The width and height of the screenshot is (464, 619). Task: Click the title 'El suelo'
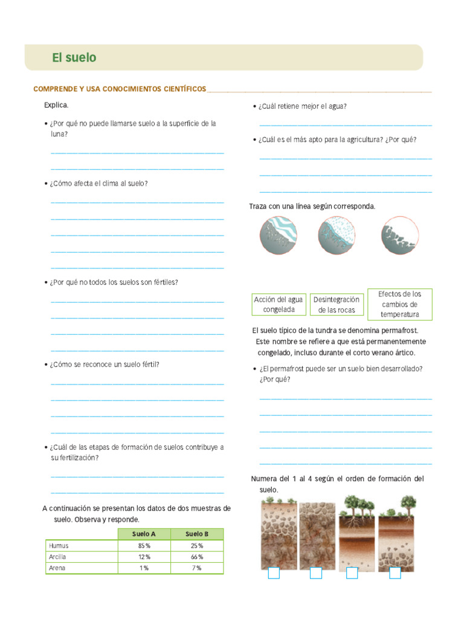[x=74, y=58]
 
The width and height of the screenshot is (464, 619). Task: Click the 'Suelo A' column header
[x=144, y=534]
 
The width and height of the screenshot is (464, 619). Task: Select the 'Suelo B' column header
[x=197, y=534]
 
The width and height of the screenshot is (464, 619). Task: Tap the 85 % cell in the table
[x=144, y=545]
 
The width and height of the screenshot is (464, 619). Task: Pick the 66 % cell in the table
[x=197, y=557]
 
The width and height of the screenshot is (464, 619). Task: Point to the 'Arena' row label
[x=57, y=568]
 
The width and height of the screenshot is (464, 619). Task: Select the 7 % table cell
[x=197, y=568]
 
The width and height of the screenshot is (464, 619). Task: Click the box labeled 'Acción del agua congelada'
[x=279, y=305]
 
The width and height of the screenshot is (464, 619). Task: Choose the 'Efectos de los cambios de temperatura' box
[x=400, y=304]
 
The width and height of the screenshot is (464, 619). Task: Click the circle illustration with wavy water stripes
[x=279, y=235]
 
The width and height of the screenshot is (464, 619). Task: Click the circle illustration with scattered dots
[x=337, y=235]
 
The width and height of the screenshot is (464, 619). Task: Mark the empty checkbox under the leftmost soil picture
[x=274, y=573]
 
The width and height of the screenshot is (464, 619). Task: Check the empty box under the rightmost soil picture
[x=395, y=573]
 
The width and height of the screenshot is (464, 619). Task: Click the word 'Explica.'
[x=56, y=105]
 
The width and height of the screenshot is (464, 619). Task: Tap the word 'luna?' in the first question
[x=59, y=134]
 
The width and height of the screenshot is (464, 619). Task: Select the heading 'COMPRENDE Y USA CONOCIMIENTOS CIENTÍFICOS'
[x=120, y=89]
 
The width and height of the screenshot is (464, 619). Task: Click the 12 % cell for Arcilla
[x=144, y=557]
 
